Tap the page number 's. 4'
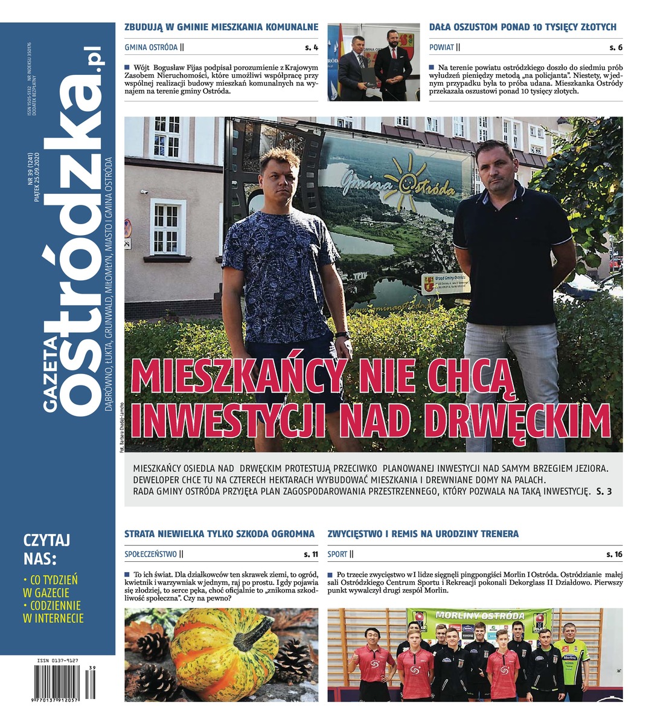coord(312,47)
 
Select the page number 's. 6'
coord(616,47)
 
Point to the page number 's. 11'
coord(311,553)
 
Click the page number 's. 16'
coord(615,553)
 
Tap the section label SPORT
coord(337,553)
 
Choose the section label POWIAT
coord(441,47)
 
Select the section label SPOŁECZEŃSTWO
coord(150,553)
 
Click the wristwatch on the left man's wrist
coord(342,335)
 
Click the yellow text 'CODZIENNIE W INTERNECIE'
coord(53,611)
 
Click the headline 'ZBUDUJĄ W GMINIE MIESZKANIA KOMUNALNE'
coord(221,27)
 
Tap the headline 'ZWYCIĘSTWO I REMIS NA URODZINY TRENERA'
coord(423,534)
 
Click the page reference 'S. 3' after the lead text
coord(604,492)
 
